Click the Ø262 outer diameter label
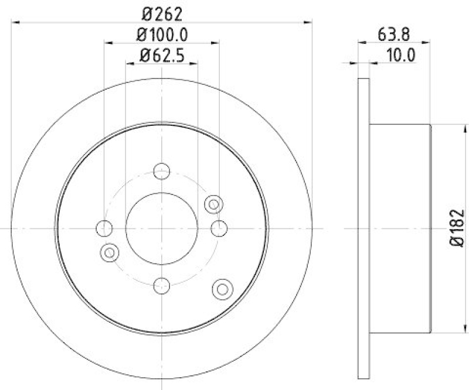161,12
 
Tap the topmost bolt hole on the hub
161,171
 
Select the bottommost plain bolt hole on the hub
161,285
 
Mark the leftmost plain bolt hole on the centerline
104,228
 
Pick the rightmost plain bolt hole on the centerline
219,228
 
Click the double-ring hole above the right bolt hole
213,204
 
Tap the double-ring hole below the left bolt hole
109,252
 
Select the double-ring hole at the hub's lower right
222,288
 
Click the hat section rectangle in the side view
400,228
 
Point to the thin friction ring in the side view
363,228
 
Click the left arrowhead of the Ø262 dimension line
15,22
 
